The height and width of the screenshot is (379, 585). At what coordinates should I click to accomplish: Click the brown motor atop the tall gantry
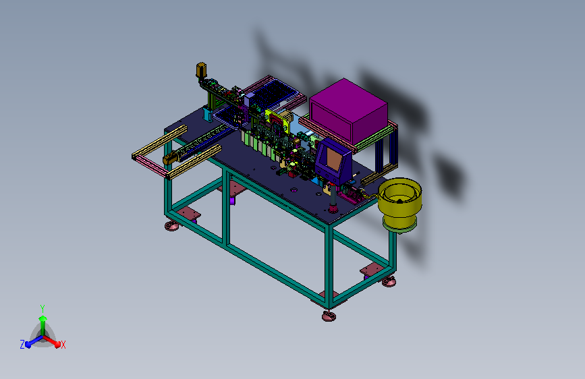(201, 70)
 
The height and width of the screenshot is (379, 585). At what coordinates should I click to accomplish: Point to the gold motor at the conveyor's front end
(170, 159)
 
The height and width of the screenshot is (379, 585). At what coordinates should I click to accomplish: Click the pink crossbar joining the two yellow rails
(150, 167)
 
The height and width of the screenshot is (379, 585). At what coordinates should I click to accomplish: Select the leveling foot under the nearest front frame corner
(329, 316)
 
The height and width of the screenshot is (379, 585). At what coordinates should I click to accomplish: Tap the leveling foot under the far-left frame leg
(171, 226)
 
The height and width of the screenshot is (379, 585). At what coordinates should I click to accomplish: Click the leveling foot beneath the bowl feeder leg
(389, 282)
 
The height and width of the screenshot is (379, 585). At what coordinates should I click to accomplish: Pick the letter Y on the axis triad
(42, 309)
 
